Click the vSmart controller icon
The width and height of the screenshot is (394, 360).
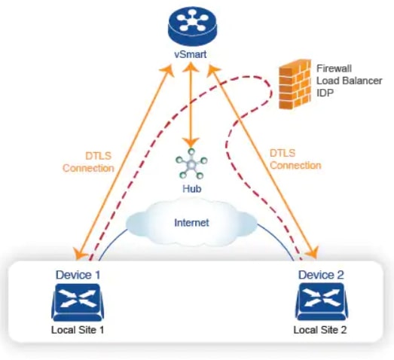190,26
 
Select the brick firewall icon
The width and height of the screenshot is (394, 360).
295,83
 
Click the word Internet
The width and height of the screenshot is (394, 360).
191,223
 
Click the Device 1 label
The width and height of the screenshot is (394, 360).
78,275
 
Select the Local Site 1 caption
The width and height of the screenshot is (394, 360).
78,331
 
